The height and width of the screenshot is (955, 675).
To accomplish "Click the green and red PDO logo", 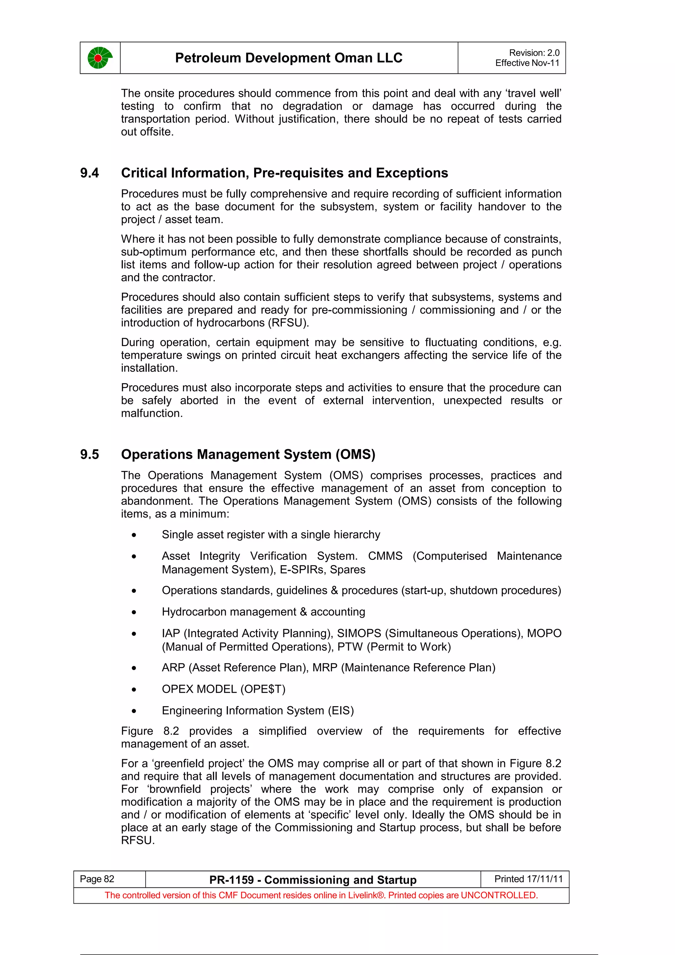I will [100, 58].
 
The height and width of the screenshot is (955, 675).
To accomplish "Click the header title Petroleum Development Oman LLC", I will [289, 58].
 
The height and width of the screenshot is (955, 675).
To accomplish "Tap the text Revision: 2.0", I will [534, 53].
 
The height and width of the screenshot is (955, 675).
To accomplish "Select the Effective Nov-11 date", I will [527, 63].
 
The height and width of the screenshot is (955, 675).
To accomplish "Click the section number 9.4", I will [89, 173].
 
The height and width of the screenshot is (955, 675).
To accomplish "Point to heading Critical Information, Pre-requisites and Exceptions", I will [284, 173].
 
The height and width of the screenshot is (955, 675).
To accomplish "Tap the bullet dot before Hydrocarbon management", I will [133, 612].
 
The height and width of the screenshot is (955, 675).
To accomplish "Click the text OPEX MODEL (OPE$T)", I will [223, 689].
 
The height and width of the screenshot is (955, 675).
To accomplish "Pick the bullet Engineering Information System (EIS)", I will [257, 710].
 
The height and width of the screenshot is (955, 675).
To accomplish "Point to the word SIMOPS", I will [359, 633].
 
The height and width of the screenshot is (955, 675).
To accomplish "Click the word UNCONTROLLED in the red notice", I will [499, 895].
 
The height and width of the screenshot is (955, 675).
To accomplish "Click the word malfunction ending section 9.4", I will [151, 414].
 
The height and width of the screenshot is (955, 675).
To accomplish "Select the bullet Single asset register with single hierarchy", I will [271, 535].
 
